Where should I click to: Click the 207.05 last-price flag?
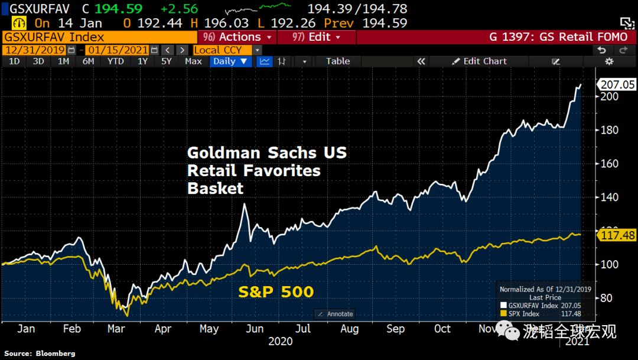617,85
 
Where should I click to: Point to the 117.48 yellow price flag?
617,235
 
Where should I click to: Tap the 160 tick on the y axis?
609,164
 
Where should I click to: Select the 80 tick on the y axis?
607,298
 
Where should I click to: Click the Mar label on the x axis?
116,329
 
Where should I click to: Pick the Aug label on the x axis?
350,329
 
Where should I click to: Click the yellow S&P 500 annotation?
276,291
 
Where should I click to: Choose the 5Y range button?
167,61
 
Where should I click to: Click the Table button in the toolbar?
338,61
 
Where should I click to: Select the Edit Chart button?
479,61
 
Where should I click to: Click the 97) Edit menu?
317,37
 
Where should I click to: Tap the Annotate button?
335,314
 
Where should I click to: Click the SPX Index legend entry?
522,314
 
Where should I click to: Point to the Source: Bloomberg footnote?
40,353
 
